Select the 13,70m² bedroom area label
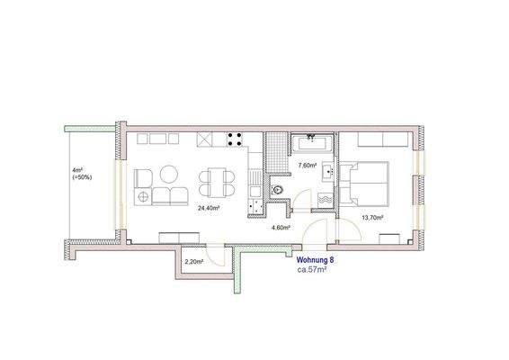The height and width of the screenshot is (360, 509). tap(373, 218)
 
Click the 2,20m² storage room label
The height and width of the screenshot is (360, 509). tap(192, 262)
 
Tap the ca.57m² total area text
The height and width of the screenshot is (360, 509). tap(312, 269)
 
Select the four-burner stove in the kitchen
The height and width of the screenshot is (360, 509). tap(237, 141)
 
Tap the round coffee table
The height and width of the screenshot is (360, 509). tap(169, 175)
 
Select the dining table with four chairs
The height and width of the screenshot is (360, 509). tap(213, 183)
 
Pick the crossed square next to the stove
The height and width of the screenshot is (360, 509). tap(206, 141)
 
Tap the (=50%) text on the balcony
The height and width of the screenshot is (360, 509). tap(81, 177)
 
